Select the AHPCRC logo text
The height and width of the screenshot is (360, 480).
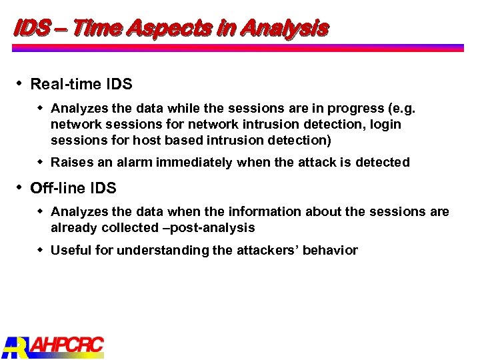[x=67, y=345]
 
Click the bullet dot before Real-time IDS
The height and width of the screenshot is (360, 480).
[x=20, y=84]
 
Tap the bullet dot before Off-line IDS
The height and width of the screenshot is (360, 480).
[x=20, y=187]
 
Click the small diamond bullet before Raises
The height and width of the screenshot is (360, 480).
[x=41, y=162]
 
